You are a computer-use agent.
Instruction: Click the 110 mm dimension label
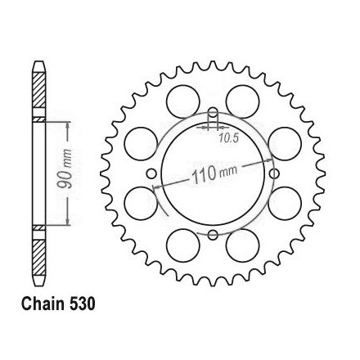[214, 173]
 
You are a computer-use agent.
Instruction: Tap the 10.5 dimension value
[229, 139]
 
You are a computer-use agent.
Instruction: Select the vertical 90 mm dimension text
[65, 169]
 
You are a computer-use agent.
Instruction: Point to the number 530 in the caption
[82, 304]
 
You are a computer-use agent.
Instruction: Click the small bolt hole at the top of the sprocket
[213, 112]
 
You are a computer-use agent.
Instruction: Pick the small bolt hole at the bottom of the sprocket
[213, 235]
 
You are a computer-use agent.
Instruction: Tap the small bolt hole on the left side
[151, 173]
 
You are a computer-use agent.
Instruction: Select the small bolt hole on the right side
[274, 173]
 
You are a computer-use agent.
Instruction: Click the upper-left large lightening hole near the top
[183, 101]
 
